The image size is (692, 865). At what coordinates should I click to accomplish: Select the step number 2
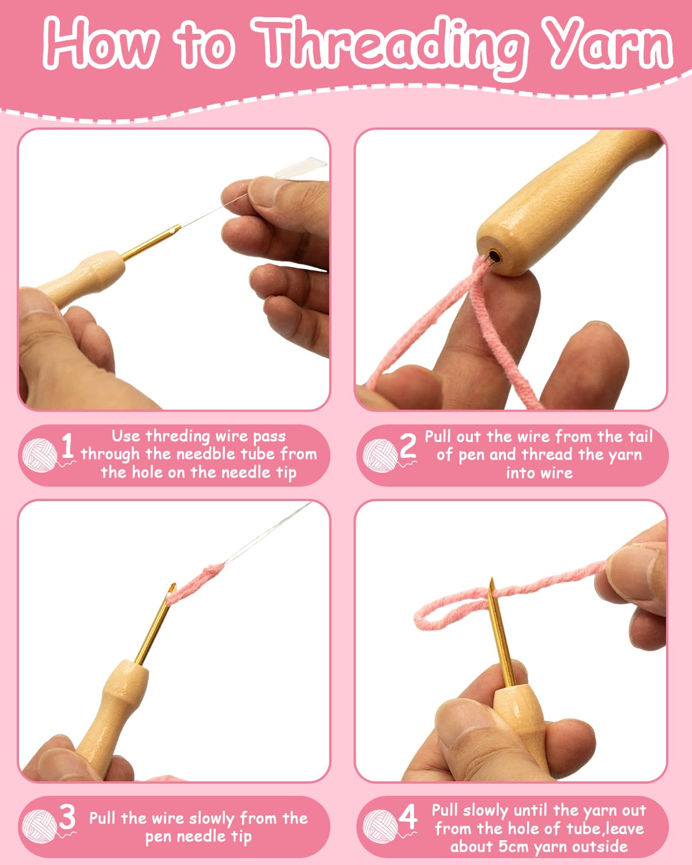pos(408,446)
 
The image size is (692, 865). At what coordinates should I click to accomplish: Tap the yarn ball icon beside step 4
pos(380,828)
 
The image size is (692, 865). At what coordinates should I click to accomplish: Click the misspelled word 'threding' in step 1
pos(178,436)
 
